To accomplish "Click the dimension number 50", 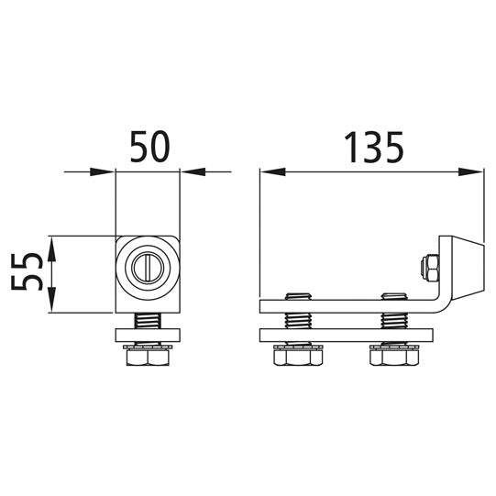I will tap(148, 148).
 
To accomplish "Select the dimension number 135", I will tap(373, 147).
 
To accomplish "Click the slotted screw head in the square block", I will tap(147, 268).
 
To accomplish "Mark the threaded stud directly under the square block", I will tap(148, 321).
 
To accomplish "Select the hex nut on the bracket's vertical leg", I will tap(426, 267).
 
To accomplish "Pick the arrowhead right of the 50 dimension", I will tap(192, 171).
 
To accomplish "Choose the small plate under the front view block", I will tap(148, 334).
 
